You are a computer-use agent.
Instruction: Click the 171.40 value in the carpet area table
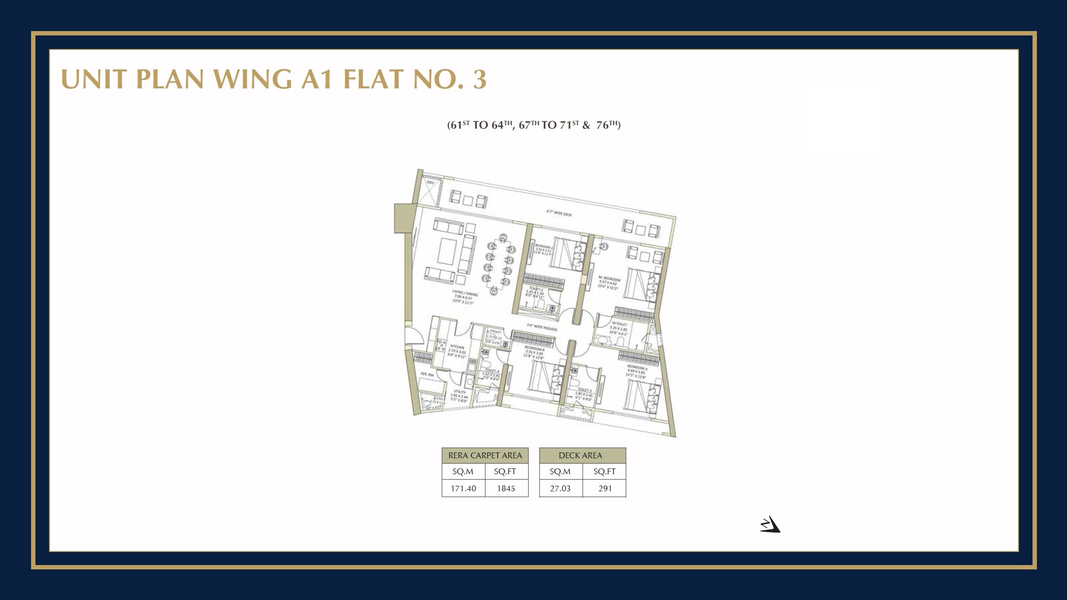tap(463, 488)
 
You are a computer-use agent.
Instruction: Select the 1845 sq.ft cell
tap(506, 488)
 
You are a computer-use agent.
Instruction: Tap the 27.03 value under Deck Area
tap(560, 488)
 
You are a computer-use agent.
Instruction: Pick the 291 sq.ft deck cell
tap(605, 488)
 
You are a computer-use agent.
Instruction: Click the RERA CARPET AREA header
tap(485, 455)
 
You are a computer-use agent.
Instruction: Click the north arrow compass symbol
tap(770, 525)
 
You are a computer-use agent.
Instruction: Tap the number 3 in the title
tap(480, 80)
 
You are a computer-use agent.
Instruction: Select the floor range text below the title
tap(533, 125)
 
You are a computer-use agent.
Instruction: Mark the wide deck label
tap(559, 213)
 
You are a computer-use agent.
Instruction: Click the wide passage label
tap(542, 327)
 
